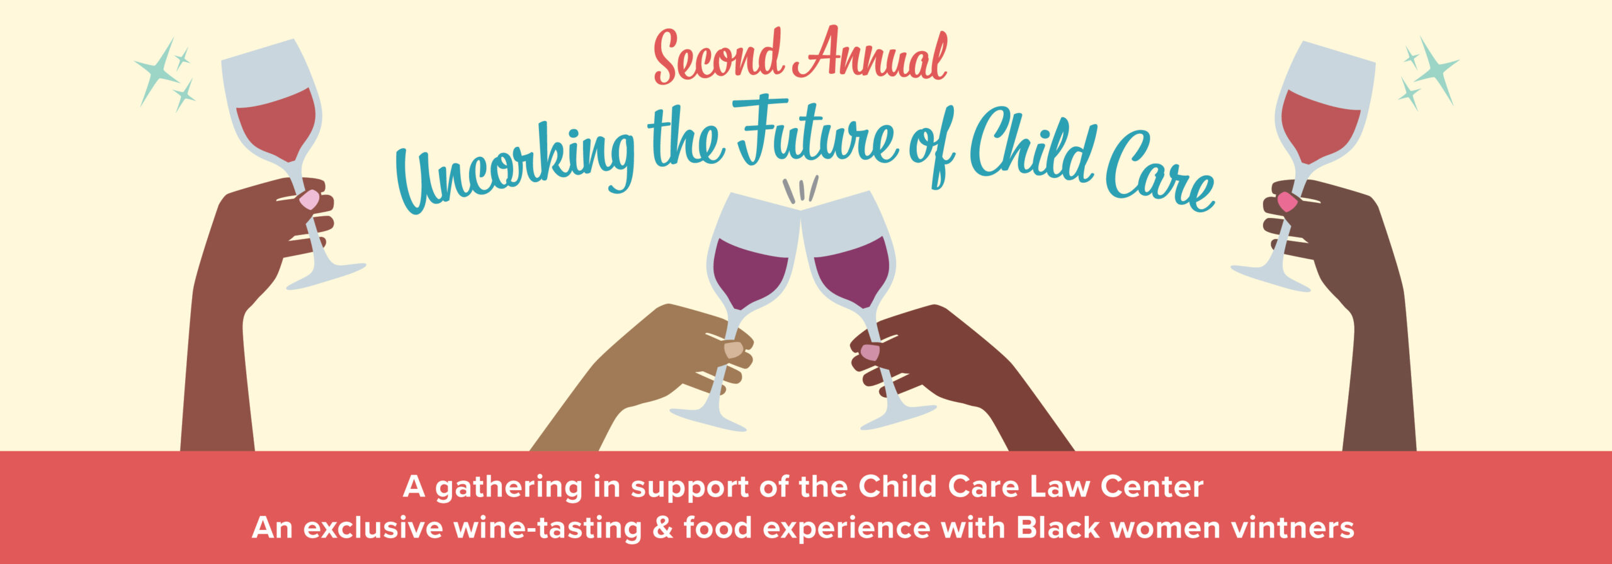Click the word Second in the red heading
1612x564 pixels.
[718, 57]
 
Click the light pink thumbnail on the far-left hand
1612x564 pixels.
[309, 199]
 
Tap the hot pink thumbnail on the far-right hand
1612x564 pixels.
[1287, 201]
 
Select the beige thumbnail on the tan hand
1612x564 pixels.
[734, 349]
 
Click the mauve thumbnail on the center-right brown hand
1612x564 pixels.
[870, 352]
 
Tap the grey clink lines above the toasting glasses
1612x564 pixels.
[800, 190]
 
